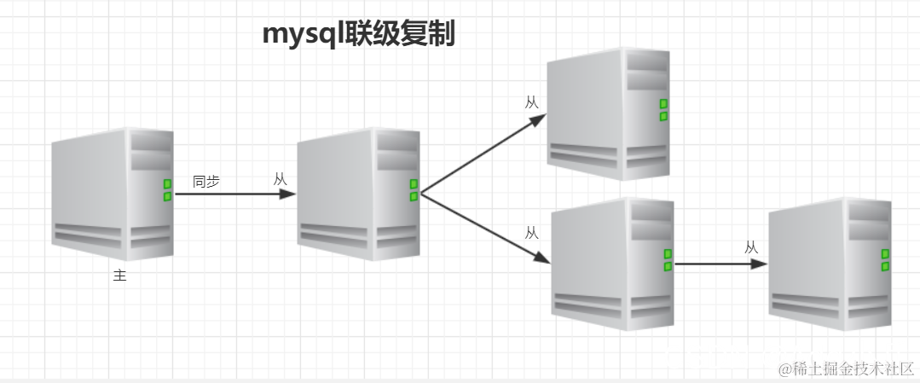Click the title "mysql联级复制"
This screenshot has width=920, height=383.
[x=359, y=35]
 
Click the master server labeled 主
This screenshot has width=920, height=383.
[x=113, y=194]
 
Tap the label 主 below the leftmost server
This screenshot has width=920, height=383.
[x=119, y=276]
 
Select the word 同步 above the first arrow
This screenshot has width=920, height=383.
[x=206, y=181]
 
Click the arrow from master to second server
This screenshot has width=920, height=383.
[x=234, y=194]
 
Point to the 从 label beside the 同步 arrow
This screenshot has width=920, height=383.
[x=281, y=179]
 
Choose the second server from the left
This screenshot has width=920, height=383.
[x=359, y=194]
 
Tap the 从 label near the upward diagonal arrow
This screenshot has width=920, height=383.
[x=532, y=102]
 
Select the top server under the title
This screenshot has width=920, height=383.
[x=608, y=113]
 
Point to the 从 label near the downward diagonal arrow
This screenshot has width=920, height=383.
[x=532, y=232]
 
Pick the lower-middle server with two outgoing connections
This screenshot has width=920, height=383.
[x=612, y=264]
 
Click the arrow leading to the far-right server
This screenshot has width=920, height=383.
[x=720, y=264]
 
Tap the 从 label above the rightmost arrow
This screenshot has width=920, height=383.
[x=751, y=247]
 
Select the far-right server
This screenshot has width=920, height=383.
[x=830, y=264]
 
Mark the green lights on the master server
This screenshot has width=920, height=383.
[x=167, y=190]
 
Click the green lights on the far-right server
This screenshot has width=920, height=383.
[x=885, y=260]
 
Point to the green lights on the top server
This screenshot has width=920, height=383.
[x=663, y=110]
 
